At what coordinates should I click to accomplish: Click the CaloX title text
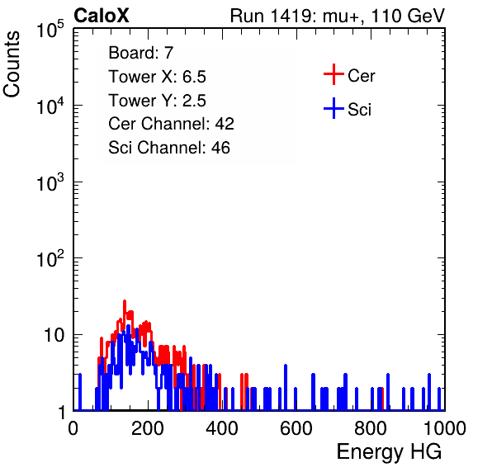coord(102,16)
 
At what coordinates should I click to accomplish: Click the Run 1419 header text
coord(338,16)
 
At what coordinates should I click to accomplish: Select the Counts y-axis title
coord(12,64)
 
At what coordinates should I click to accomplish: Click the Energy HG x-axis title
coord(389,451)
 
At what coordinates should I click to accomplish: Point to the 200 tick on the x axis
coord(148,428)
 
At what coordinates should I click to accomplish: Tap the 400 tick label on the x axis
coord(222,428)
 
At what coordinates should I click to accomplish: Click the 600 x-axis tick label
coord(296,428)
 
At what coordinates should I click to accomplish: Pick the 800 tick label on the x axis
coord(371,428)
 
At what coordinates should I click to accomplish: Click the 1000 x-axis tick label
coord(445,428)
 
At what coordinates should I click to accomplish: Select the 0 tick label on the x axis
coord(73,428)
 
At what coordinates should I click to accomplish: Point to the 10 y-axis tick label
coord(54,335)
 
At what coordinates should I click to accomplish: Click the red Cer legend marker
coord(334,74)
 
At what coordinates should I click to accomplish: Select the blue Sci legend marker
coord(334,108)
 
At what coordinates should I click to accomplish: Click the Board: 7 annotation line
coord(141,53)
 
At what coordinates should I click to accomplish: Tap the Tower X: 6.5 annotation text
coord(157,77)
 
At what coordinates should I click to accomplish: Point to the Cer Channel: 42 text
coord(172,124)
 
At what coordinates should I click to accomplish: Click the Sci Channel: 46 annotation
coord(169,148)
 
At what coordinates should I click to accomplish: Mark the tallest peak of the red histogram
coord(125,301)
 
